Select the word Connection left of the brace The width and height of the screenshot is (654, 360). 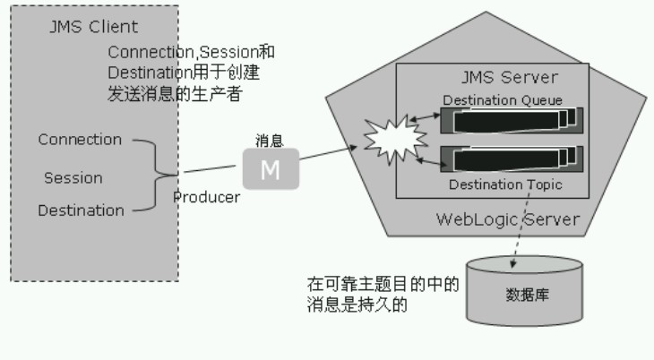pos(80,140)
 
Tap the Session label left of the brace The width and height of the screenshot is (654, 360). pos(73,177)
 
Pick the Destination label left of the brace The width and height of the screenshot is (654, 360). pos(81,211)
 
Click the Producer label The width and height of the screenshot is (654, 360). pos(206,197)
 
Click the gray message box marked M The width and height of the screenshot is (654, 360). pos(270,168)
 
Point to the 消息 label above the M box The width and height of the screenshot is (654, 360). pos(270,141)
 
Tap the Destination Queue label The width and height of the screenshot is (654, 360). pos(503,100)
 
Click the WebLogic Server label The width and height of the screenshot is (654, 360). pos(507,219)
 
